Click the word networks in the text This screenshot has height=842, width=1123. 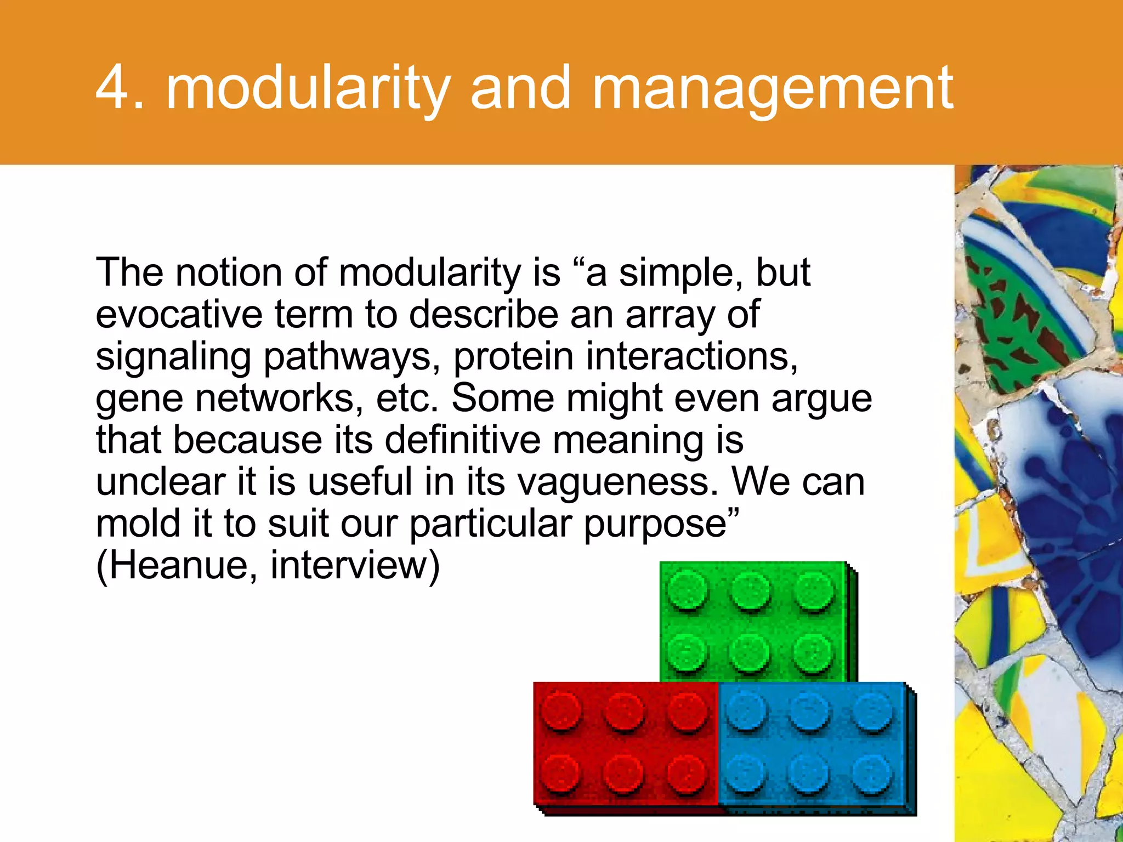click(279, 398)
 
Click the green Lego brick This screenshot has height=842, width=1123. click(755, 622)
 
